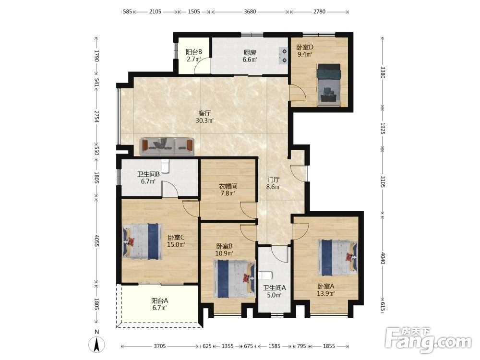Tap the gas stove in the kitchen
point(283,55)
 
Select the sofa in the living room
point(167,147)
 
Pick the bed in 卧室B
point(234,278)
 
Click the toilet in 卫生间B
point(165,167)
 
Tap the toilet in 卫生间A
point(265,276)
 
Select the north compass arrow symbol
point(96,344)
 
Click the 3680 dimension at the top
point(250,12)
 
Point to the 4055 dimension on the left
point(96,241)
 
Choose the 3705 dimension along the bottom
point(159,346)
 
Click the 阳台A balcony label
point(159,301)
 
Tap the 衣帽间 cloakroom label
point(228,186)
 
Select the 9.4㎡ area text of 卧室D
point(305,55)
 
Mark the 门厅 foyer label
point(273,180)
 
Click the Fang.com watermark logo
point(429,340)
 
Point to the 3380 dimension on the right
point(383,72)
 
